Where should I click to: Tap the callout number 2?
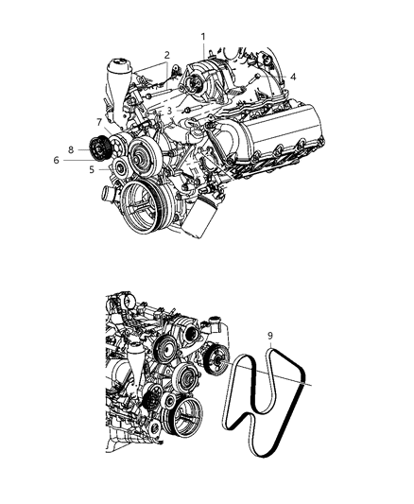[166, 55]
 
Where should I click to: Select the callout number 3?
[168, 111]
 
